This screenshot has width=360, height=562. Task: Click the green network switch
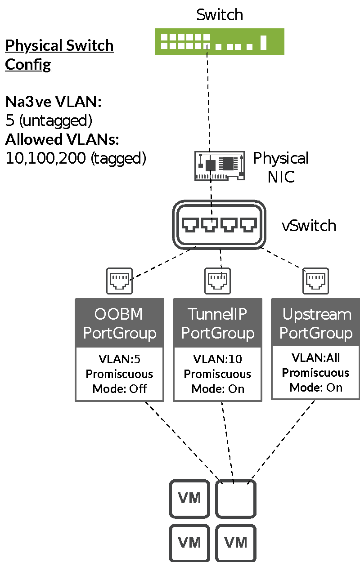[219, 41]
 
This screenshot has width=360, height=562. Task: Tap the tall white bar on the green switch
[263, 42]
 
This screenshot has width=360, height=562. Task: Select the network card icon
[220, 165]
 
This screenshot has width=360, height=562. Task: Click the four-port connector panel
[219, 224]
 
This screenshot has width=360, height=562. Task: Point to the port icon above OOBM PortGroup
[119, 281]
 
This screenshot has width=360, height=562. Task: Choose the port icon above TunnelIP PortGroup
[217, 281]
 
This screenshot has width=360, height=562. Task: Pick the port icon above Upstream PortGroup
[315, 281]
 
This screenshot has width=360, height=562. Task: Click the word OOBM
[119, 314]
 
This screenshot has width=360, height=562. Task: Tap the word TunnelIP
[217, 314]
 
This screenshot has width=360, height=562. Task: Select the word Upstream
[316, 314]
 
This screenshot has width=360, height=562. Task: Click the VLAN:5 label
[119, 359]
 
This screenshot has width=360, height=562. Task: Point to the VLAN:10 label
[217, 359]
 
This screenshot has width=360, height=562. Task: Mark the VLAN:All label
[315, 358]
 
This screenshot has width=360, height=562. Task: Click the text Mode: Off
[120, 388]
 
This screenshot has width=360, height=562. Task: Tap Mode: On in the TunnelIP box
[218, 388]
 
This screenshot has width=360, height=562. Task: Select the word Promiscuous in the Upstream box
[315, 373]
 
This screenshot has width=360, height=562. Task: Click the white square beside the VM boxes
[236, 498]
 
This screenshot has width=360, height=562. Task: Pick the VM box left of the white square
[189, 498]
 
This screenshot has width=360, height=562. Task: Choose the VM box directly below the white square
[236, 542]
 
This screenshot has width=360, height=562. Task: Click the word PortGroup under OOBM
[120, 333]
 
